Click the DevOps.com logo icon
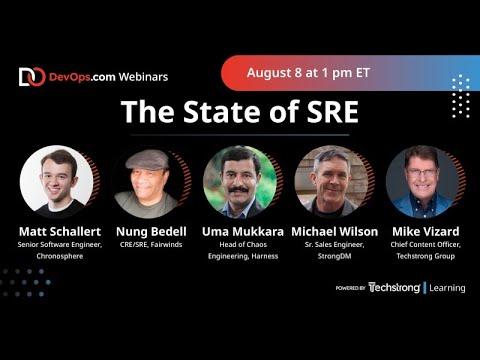coord(31,77)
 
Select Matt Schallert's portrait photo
coord(56,181)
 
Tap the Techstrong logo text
coord(394,288)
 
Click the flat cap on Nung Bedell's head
coord(146,158)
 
